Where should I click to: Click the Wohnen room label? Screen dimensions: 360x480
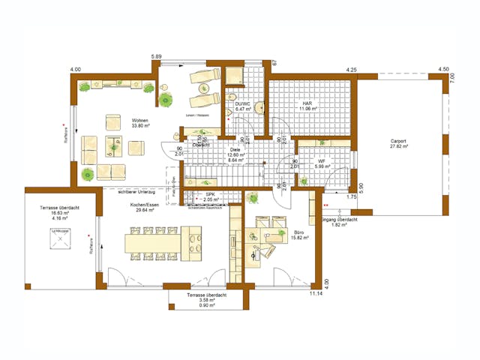[139, 120]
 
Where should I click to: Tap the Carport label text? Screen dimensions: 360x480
[399, 140]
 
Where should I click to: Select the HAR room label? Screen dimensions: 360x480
[306, 104]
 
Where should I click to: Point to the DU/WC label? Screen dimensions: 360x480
[243, 104]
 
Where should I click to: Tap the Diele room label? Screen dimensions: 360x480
[235, 149]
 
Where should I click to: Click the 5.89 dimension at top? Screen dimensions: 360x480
[156, 57]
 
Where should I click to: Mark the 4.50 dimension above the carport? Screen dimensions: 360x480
[443, 70]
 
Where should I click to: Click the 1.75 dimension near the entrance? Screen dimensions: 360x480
[350, 196]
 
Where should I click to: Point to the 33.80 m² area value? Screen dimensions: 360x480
[140, 126]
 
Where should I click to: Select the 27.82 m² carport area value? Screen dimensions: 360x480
[399, 146]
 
